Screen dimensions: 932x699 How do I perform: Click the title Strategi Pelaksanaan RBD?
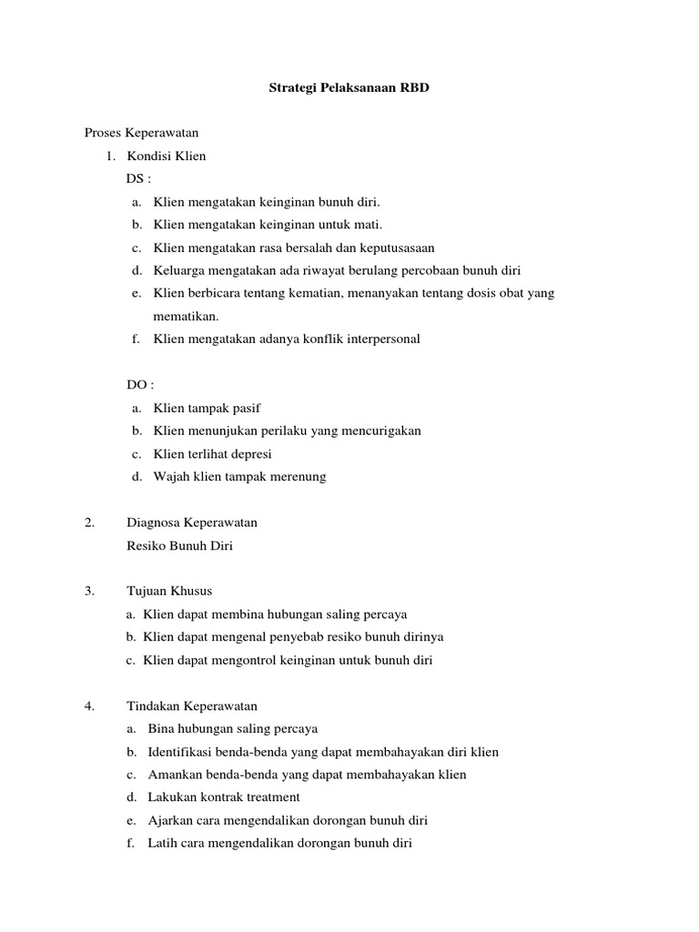[x=349, y=90]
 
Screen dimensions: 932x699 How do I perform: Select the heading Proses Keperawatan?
[x=141, y=133]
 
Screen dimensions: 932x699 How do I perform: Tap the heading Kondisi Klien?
[x=167, y=156]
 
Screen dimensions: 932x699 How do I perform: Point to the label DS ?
[x=138, y=179]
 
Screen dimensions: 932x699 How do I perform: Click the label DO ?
[x=139, y=385]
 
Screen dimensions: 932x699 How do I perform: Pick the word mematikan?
[x=186, y=316]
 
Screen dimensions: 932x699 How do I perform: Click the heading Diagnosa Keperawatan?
[x=192, y=522]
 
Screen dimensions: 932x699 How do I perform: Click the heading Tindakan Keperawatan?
[x=192, y=705]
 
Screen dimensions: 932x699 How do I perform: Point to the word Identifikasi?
[x=181, y=752]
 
